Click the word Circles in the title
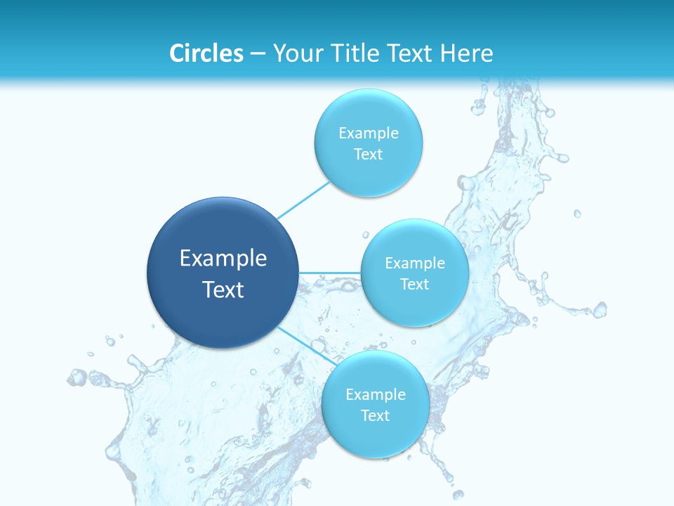(206, 53)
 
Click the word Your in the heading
(298, 53)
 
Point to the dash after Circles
(258, 54)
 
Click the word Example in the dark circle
(223, 259)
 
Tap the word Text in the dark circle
(223, 290)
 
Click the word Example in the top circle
(369, 133)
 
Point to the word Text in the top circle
(369, 154)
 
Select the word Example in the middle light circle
(415, 263)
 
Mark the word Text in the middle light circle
(415, 284)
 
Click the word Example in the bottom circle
(376, 394)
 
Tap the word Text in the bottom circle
(376, 415)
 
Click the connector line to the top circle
(303, 200)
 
